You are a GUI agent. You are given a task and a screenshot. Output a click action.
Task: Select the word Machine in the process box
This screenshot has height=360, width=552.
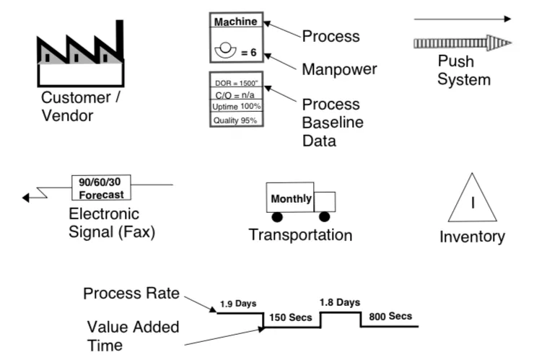pos(236,22)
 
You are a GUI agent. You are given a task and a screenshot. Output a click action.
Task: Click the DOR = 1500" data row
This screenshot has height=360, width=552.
pos(236,83)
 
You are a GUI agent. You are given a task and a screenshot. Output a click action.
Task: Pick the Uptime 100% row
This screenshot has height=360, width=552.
pos(236,107)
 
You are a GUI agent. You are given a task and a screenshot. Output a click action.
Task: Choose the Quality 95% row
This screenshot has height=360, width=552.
pos(236,120)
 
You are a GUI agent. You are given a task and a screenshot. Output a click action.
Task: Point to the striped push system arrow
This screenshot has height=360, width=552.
pos(462,44)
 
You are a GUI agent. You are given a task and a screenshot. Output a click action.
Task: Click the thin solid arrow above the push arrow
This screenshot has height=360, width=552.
pos(462,19)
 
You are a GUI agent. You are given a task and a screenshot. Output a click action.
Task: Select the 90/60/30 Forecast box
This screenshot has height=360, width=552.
pos(100,188)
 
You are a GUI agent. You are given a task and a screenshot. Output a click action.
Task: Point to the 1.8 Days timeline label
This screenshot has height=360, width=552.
pos(340,302)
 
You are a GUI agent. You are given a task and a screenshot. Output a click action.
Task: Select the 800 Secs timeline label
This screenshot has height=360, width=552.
pos(390,316)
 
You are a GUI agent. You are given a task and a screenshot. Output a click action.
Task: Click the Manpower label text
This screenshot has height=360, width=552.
pos(339,70)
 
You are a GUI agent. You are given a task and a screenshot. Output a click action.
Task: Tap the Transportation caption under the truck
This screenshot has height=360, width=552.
pos(300,235)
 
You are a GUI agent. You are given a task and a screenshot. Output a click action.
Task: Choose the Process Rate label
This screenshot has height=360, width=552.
pos(131,294)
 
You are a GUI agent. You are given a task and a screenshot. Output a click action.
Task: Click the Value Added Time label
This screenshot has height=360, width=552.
pos(133,336)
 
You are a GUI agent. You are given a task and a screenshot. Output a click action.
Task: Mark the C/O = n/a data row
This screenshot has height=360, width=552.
pos(236,95)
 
